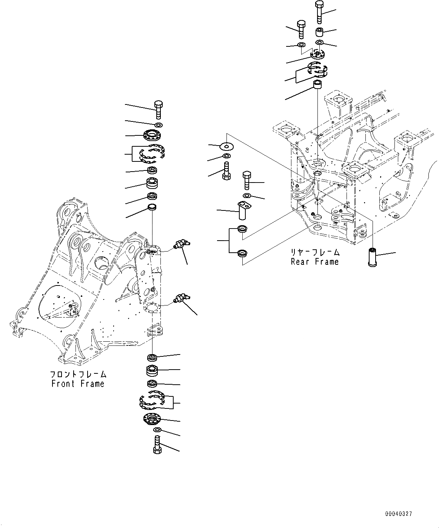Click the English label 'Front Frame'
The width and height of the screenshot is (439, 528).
point(78,384)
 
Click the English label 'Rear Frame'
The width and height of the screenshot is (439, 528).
point(314,262)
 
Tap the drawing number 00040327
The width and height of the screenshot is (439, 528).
point(399,514)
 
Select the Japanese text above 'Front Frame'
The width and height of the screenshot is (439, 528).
point(78,375)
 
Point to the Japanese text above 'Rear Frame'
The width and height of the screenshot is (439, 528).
point(315,252)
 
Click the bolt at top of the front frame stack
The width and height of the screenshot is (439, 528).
point(159,109)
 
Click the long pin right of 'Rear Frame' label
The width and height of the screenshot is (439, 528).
point(373,257)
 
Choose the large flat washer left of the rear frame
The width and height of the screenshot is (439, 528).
point(226,145)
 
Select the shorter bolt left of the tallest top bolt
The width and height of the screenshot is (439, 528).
point(301,29)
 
